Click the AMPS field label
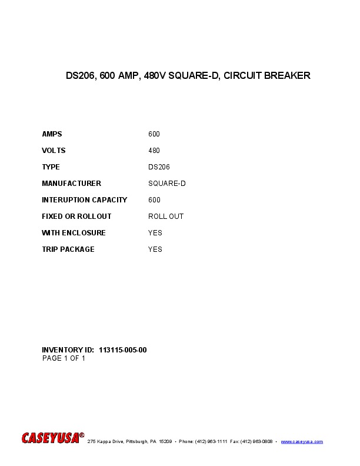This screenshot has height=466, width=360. click(x=52, y=134)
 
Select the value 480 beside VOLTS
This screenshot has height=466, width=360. click(x=154, y=151)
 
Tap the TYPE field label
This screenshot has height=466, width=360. click(x=51, y=167)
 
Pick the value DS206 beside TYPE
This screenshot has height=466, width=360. click(x=159, y=167)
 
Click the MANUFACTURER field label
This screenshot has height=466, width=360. click(x=71, y=184)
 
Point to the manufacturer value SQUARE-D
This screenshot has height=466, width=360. click(x=167, y=184)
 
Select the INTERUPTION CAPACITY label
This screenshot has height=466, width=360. click(x=84, y=200)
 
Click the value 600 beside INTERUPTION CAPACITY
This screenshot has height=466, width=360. click(x=154, y=200)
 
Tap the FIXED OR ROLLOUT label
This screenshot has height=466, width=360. click(x=76, y=217)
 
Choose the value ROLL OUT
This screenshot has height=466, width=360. click(x=166, y=217)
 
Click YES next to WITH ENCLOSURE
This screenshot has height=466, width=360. click(x=155, y=233)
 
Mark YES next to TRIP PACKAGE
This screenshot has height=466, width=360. click(x=155, y=249)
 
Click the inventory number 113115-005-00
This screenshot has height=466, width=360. click(x=123, y=350)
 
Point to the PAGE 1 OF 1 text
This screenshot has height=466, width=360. click(x=64, y=358)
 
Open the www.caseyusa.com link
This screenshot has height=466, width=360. click(x=302, y=441)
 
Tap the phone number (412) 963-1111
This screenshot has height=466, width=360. click(x=211, y=441)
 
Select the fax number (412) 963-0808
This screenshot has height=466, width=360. click(x=256, y=441)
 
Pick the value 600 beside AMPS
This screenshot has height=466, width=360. click(x=154, y=134)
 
